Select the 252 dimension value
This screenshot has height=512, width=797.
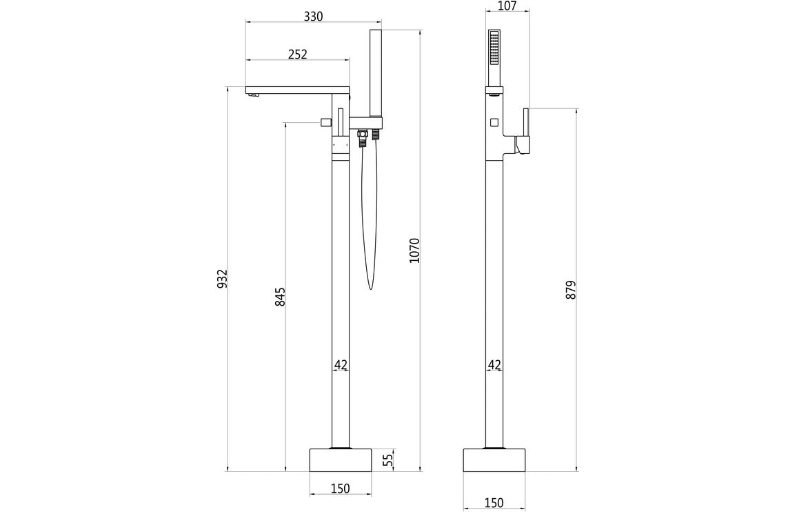[x=297, y=54]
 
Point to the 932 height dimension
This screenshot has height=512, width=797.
[x=222, y=279]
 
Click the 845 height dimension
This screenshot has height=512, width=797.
[x=280, y=297]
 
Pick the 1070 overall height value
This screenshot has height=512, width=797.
[x=414, y=250]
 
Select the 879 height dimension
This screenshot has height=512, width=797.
[x=570, y=290]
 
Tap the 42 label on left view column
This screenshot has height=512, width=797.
[x=341, y=364]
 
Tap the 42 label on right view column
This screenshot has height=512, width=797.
[x=494, y=364]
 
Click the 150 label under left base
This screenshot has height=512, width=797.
[x=340, y=489]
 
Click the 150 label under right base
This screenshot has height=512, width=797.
[x=494, y=502]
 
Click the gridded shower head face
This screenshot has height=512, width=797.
[x=494, y=48]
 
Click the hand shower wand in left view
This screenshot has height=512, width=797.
[x=375, y=72]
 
